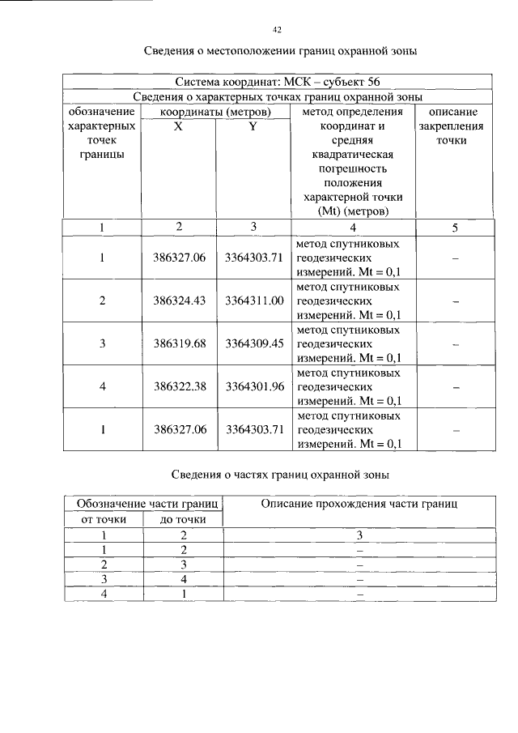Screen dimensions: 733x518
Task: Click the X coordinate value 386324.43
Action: click(x=180, y=300)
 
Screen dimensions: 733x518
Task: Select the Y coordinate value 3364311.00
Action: click(x=254, y=300)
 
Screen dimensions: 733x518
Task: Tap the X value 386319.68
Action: click(x=180, y=343)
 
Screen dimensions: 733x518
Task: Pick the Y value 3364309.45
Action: click(x=254, y=343)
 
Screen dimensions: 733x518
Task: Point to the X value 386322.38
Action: click(x=180, y=386)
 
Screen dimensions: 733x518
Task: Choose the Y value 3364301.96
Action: click(x=254, y=386)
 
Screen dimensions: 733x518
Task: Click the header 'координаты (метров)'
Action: click(x=215, y=112)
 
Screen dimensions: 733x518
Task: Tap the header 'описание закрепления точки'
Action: click(x=455, y=126)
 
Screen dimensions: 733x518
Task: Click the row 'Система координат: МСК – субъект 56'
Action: click(x=277, y=82)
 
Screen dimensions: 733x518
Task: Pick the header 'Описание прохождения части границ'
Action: click(x=359, y=505)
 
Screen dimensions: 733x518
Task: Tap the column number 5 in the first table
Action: click(x=455, y=228)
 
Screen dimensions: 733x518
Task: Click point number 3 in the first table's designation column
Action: click(x=103, y=343)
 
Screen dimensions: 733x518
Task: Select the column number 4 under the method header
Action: click(x=352, y=228)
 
